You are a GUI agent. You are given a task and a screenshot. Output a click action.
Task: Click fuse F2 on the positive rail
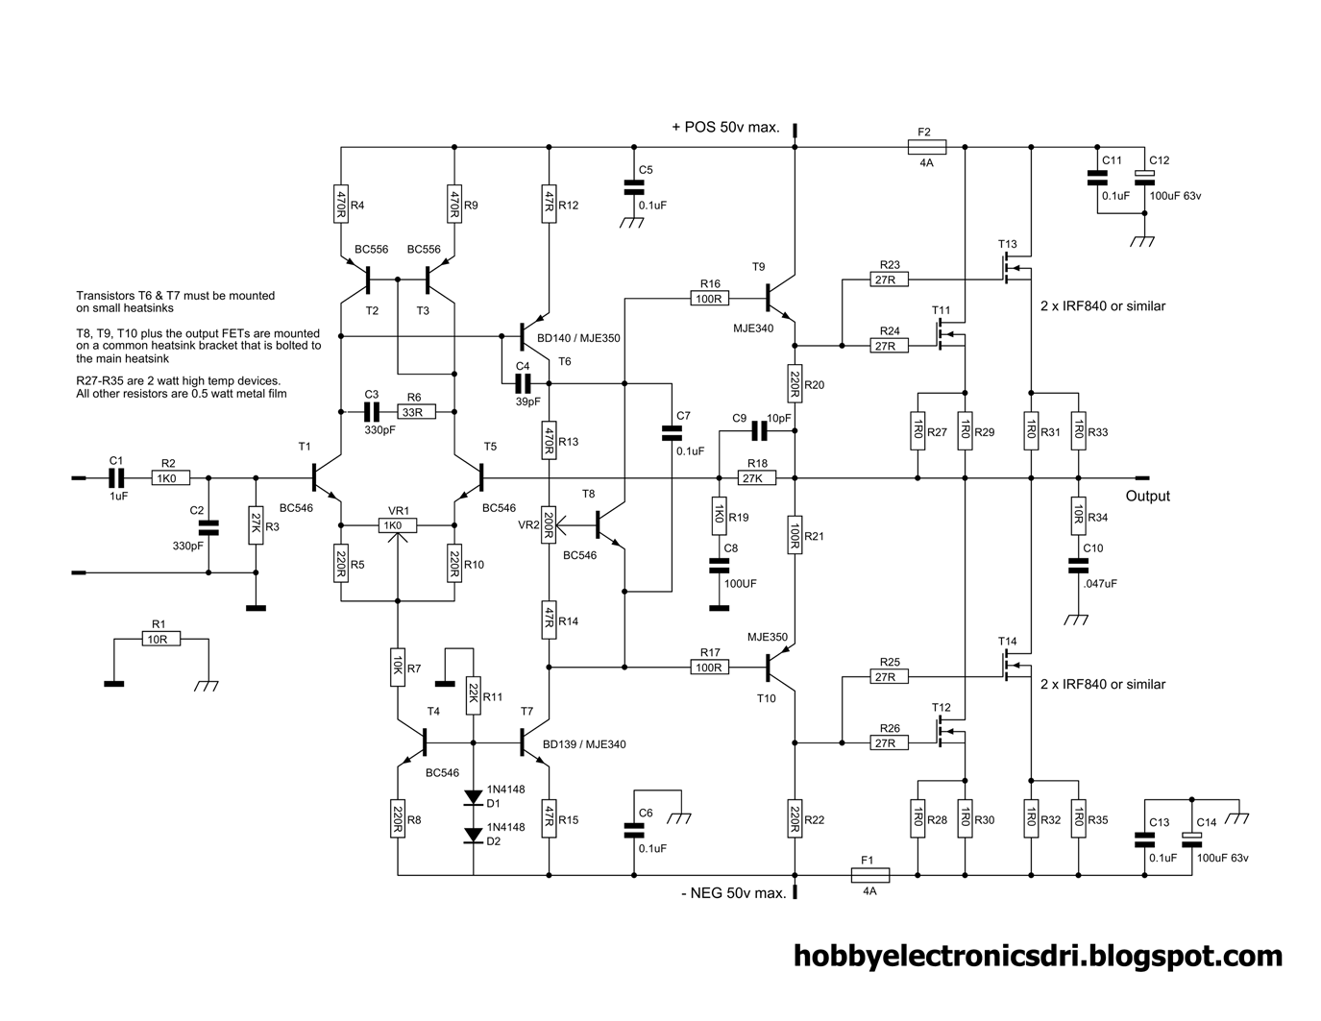[926, 147]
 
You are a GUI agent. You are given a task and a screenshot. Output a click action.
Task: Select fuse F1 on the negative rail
[869, 875]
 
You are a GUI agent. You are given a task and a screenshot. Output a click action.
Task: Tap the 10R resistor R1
[159, 639]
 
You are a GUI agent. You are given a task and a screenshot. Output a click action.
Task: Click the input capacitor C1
[115, 476]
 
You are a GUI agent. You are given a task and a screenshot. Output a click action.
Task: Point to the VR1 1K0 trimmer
[397, 525]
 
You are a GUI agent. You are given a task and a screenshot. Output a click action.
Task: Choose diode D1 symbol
[474, 797]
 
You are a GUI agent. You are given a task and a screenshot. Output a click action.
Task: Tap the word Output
[1147, 496]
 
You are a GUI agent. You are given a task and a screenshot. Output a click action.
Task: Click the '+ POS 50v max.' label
[725, 128]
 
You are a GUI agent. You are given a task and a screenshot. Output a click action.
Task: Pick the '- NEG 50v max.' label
[732, 893]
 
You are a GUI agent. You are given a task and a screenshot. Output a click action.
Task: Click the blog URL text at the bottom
[1038, 956]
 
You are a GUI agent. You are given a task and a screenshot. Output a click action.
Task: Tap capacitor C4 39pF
[523, 382]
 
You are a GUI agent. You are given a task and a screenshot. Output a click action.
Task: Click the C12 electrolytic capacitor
[1143, 178]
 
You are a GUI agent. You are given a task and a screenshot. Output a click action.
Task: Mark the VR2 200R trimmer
[549, 524]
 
